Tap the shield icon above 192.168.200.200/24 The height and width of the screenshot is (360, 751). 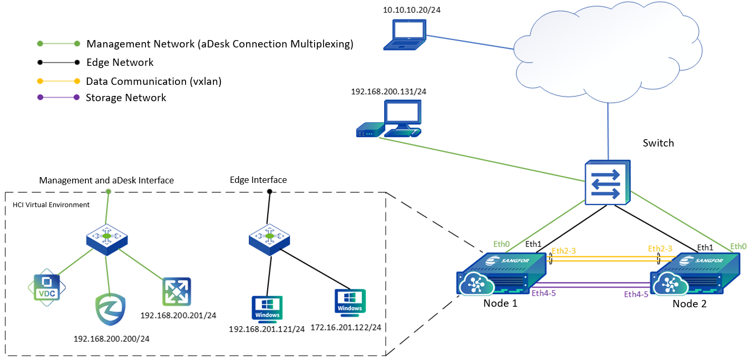(110, 310)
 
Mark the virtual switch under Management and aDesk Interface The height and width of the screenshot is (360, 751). (108, 238)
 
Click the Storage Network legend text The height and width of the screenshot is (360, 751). (126, 98)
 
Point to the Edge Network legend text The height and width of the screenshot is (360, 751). (120, 62)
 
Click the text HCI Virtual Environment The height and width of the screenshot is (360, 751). (51, 205)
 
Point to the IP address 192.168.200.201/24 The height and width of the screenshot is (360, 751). (179, 315)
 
